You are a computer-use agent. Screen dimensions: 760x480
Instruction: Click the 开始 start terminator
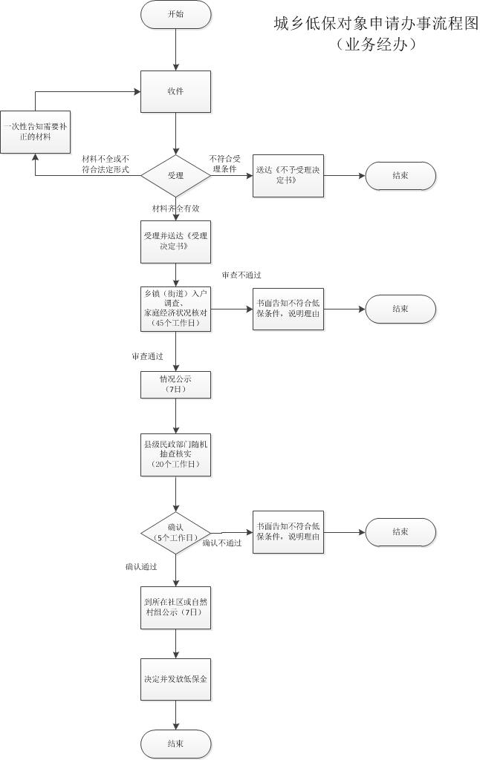pos(175,14)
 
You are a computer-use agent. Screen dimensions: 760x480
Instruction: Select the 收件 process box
pos(175,91)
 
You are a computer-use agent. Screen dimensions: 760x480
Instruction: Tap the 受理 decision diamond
pos(175,176)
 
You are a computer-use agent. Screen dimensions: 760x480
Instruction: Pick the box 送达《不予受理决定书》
pos(288,176)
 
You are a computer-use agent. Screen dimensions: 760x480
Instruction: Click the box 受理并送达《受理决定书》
pos(175,241)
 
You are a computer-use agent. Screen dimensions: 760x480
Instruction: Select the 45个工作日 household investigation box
pos(175,309)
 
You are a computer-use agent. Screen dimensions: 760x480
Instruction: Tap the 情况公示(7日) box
pos(175,384)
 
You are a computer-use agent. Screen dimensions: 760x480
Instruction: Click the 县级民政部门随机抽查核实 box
pos(175,454)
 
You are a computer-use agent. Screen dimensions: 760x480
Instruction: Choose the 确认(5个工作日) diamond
pos(175,532)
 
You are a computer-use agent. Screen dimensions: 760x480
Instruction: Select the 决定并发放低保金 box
pos(175,679)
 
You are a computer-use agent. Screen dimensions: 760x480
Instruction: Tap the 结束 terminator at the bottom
pos(175,743)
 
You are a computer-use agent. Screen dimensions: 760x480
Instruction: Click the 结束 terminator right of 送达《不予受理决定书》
pos(400,176)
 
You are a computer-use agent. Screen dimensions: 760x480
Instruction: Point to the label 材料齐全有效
pos(176,209)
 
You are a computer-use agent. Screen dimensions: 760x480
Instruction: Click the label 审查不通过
pos(241,275)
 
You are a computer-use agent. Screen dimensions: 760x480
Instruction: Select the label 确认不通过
pos(222,543)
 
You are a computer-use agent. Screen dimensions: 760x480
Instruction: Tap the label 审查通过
pos(148,357)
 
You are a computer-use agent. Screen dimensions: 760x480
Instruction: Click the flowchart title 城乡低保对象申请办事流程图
pos(376,24)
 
